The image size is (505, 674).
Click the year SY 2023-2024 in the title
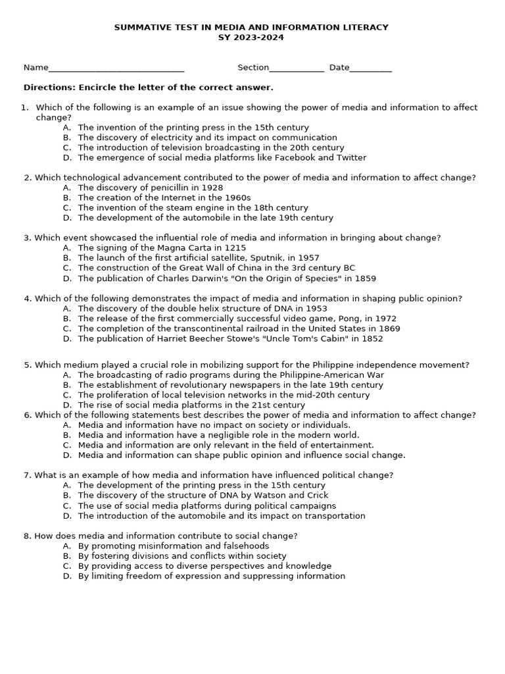(x=251, y=38)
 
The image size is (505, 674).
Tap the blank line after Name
(x=116, y=68)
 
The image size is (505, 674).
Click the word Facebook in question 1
(x=287, y=157)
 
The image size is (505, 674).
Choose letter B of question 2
(x=67, y=197)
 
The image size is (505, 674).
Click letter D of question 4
(x=67, y=339)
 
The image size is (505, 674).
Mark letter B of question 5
(x=67, y=385)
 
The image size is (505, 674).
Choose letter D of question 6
(x=67, y=455)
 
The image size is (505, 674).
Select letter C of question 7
(x=67, y=505)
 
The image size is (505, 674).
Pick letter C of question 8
(x=67, y=566)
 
